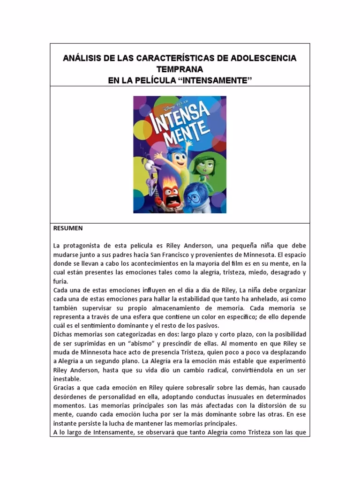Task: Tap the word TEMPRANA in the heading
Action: tap(180, 69)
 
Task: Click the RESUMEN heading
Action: tap(67, 228)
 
